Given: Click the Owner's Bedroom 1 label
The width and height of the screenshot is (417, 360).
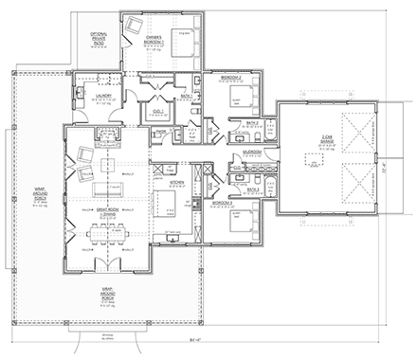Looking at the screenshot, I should click(x=155, y=43).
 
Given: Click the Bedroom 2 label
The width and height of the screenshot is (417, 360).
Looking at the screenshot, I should click(x=229, y=76).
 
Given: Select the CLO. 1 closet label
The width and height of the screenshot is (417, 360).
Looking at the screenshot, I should click(x=158, y=111).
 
